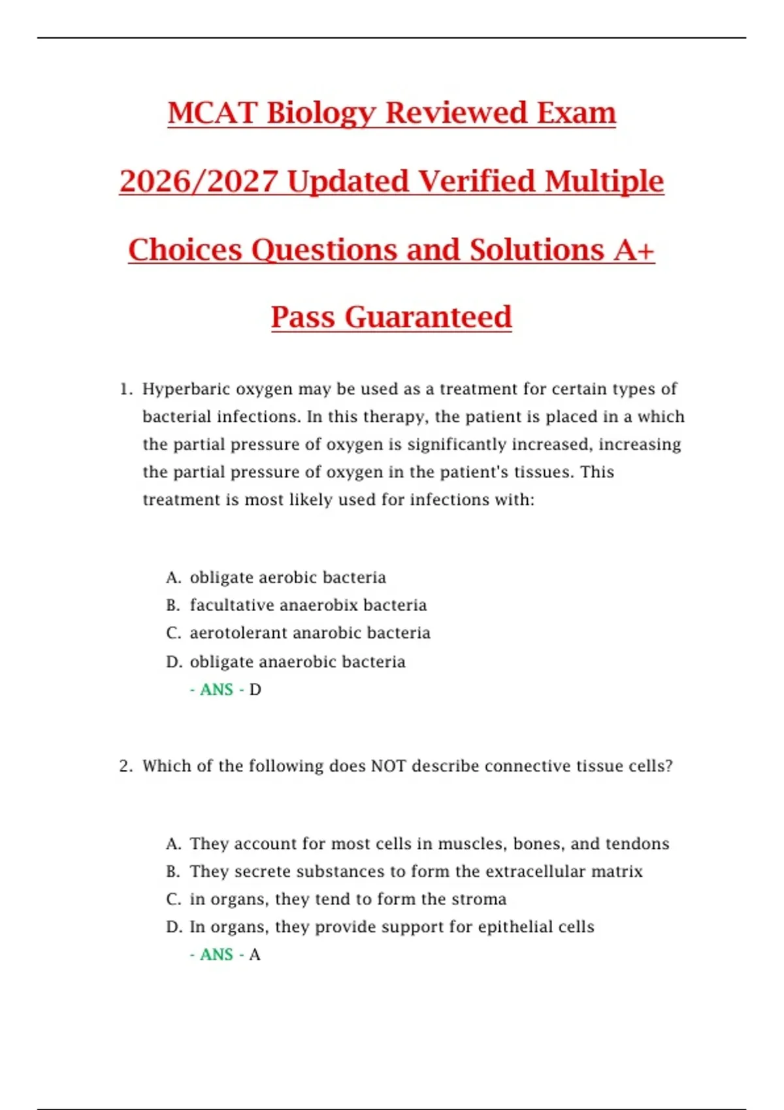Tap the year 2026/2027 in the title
point(199,182)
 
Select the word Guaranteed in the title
point(428,317)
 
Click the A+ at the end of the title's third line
point(634,250)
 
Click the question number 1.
point(125,389)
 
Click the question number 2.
point(125,766)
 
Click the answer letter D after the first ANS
point(255,690)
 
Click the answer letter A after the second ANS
point(255,955)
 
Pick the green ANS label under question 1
point(216,690)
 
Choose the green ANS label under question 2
point(216,955)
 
